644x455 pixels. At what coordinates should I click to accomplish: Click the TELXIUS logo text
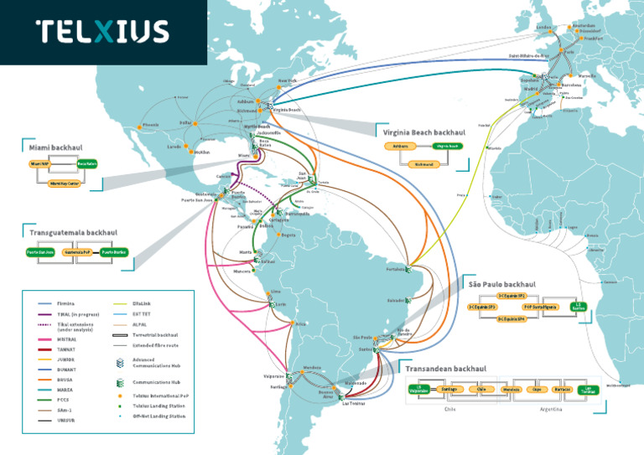[x=101, y=32]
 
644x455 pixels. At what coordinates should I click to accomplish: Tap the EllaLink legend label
[x=144, y=302]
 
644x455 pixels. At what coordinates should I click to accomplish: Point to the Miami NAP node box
[x=41, y=164]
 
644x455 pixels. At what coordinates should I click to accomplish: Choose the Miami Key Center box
[x=64, y=182]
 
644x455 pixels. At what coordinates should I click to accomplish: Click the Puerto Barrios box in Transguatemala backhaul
[x=114, y=252]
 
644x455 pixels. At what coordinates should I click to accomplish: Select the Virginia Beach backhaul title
[x=423, y=132]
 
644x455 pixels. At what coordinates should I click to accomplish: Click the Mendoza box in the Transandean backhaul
[x=512, y=389]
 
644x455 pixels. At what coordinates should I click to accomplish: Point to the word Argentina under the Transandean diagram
[x=549, y=410]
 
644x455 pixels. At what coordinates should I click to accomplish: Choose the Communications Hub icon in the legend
[x=121, y=381]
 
